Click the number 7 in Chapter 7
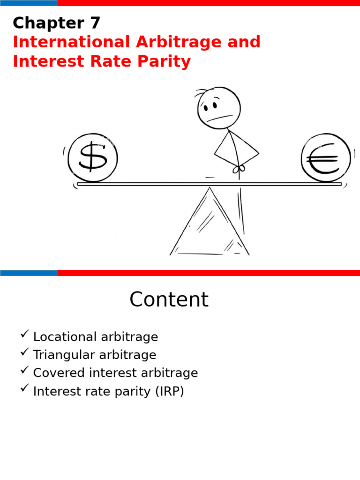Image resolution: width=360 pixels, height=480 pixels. [94, 23]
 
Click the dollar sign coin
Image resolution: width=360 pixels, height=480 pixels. [93, 157]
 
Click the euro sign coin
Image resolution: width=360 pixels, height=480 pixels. [326, 157]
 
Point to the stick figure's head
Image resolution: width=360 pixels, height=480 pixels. [219, 108]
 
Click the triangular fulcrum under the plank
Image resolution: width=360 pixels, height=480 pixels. [209, 225]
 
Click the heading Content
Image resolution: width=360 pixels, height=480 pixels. [169, 300]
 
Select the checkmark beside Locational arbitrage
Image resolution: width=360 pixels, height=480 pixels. [25, 334]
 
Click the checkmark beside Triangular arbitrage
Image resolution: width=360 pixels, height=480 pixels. [25, 352]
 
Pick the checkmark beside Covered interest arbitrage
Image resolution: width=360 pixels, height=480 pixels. [25, 370]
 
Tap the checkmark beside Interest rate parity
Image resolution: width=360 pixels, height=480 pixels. [25, 389]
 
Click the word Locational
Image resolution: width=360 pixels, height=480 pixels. [65, 337]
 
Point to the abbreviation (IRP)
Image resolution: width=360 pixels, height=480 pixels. [168, 392]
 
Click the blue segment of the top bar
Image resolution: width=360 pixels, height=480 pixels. [28, 3]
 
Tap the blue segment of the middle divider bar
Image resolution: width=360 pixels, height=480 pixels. [28, 273]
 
